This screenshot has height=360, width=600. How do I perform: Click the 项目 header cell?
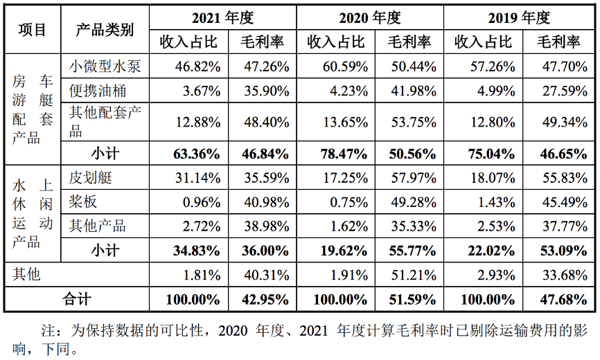click(32, 30)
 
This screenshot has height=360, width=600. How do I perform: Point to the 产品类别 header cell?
click(105, 30)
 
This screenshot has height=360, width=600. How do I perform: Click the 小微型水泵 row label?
click(105, 66)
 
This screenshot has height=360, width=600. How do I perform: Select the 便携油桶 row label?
click(97, 91)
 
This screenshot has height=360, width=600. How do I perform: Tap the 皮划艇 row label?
click(90, 178)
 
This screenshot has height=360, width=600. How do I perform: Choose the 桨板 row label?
click(82, 202)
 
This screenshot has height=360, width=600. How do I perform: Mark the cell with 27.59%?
click(558, 91)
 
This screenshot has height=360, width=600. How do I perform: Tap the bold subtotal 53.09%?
click(558, 250)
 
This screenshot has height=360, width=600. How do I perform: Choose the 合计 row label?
click(76, 300)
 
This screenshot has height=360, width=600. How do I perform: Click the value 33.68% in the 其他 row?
click(558, 274)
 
